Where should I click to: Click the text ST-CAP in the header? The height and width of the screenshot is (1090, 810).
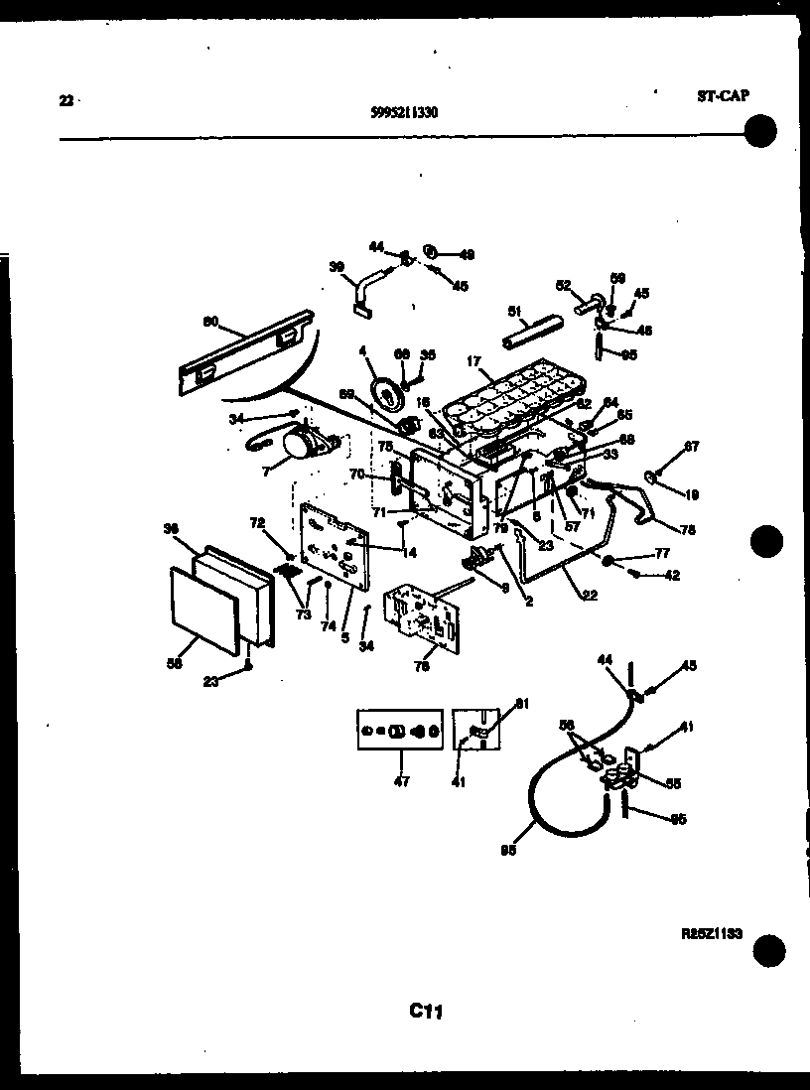[x=722, y=96]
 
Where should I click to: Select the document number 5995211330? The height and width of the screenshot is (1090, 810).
[x=403, y=112]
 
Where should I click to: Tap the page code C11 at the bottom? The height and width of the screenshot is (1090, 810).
[x=425, y=1012]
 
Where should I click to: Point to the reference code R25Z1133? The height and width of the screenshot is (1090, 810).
[x=712, y=934]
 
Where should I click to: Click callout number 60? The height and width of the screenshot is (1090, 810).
[x=209, y=321]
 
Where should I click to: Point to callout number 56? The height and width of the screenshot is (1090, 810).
[x=174, y=665]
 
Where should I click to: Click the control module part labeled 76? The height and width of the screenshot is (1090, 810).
[x=421, y=616]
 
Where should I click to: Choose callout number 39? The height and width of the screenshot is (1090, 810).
[x=337, y=267]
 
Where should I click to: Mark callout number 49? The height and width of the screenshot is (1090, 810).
[x=467, y=254]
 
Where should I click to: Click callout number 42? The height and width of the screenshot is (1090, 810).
[x=672, y=575]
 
